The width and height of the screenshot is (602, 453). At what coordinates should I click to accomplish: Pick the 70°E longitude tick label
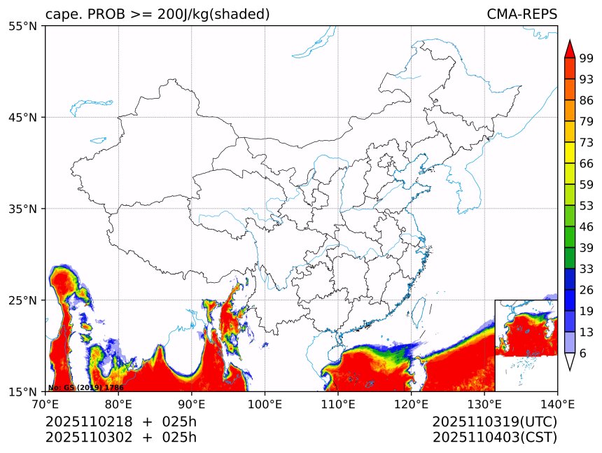pyautogui.click(x=45, y=403)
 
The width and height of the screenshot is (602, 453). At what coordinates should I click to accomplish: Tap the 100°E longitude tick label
pyautogui.click(x=265, y=403)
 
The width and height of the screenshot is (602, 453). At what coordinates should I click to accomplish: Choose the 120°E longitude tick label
pyautogui.click(x=411, y=403)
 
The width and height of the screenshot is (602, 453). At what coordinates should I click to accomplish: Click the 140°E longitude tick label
pyautogui.click(x=557, y=403)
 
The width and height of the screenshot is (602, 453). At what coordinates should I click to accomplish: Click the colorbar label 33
pyautogui.click(x=587, y=269)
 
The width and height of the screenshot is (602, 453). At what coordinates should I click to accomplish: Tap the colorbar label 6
pyautogui.click(x=583, y=354)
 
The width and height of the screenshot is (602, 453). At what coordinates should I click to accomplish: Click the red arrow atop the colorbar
pyautogui.click(x=570, y=49)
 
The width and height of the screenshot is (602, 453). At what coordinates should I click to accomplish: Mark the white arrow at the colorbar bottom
pyautogui.click(x=570, y=361)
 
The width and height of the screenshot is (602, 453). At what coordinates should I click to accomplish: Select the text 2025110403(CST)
pyautogui.click(x=494, y=438)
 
